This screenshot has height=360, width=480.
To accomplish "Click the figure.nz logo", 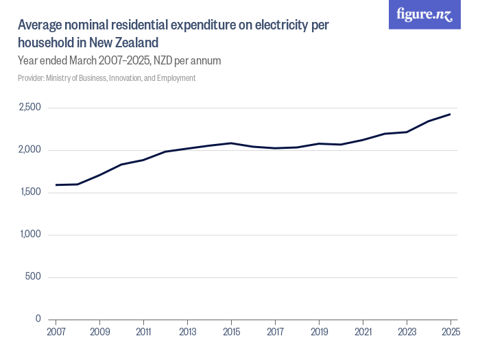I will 424,14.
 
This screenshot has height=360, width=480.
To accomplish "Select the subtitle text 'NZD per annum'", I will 186,61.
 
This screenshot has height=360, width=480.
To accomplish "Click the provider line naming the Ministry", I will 106,78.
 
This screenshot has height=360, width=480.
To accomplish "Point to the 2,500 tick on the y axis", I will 29,108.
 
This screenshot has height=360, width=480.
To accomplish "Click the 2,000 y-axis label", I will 29,150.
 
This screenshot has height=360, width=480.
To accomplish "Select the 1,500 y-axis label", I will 29,192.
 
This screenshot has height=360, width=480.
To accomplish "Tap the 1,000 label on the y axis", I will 29,235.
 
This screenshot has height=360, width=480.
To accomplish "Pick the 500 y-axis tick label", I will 34,277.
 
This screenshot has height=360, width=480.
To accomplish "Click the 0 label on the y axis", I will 38,319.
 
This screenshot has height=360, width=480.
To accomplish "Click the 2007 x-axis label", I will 56,332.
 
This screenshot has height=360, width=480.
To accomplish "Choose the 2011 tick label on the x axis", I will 143,332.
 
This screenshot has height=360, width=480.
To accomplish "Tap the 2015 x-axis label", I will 231,332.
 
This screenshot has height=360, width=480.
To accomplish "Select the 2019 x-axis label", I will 319,332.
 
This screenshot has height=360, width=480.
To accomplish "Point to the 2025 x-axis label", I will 450,332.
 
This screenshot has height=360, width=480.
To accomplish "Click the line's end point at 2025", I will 450,114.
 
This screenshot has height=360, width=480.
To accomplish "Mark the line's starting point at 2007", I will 56,184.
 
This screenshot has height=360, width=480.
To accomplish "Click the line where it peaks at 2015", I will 231,143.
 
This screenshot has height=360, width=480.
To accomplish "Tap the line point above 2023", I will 407,132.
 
